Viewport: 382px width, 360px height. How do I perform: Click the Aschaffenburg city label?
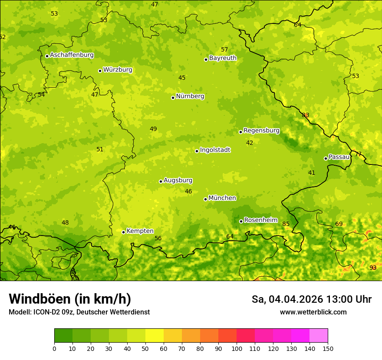point(72,55)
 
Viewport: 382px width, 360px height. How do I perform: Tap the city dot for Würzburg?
point(100,71)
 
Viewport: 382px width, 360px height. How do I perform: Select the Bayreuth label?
point(223,58)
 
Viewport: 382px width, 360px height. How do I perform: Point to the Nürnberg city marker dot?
point(173,98)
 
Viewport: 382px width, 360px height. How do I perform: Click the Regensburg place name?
point(261,131)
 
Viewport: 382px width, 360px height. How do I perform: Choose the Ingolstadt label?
point(215,150)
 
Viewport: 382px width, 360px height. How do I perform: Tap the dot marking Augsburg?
point(161,181)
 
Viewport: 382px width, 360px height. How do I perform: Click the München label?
point(222,198)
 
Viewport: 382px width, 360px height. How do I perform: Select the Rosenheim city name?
point(260,220)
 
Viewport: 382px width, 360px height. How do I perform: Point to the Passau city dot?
point(326,158)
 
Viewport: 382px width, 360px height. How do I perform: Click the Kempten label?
point(140,231)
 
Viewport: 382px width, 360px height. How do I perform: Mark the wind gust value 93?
point(373,268)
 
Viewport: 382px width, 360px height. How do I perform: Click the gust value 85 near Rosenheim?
point(286,224)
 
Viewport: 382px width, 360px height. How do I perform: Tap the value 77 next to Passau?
point(358,154)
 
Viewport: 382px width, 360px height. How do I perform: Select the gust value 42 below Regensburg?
point(250,143)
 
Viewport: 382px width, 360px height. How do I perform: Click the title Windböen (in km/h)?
point(69,299)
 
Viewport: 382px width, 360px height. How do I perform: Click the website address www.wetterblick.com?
point(313,312)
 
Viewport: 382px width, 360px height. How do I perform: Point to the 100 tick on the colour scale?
point(237,348)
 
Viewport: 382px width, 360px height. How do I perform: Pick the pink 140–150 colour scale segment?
point(319,335)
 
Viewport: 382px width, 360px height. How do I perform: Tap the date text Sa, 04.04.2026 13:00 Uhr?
point(311,299)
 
